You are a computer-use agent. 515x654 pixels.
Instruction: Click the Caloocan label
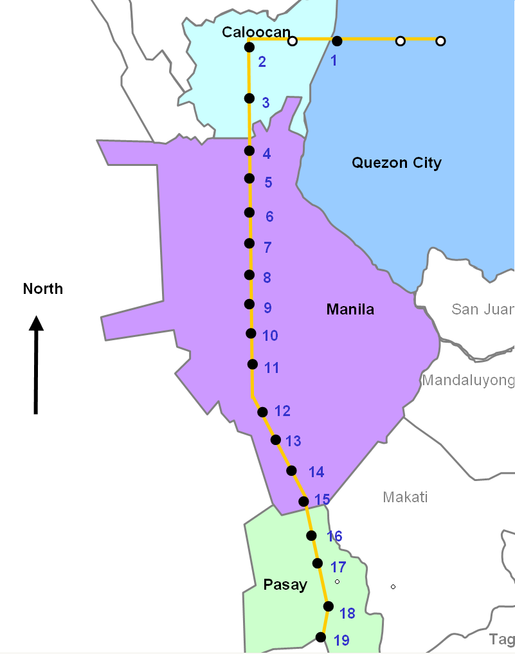point(256,32)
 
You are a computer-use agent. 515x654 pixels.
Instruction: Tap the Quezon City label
point(396,163)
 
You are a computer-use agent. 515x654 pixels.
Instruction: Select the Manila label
point(350,309)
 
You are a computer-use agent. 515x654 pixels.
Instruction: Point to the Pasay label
point(285,585)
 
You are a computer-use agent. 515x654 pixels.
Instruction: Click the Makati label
point(405,497)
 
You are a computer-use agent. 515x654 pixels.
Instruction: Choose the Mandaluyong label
point(468,380)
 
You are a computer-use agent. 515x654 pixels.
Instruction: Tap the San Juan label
point(482,309)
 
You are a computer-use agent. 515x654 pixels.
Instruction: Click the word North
point(43,289)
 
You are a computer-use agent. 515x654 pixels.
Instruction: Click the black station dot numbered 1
point(336,41)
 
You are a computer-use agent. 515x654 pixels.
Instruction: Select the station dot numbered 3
point(249,98)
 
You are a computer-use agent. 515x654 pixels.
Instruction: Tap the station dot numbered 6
point(249,213)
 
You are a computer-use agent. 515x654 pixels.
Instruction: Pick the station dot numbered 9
point(249,304)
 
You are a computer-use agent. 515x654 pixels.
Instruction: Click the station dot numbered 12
point(262,412)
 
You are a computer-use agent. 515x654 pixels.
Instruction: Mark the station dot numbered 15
point(304,501)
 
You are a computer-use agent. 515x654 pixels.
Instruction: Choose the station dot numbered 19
point(320,637)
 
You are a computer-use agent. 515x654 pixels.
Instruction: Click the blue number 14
point(316,472)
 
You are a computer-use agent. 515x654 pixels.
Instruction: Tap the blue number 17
point(338,567)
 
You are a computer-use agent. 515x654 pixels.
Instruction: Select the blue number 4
point(267,153)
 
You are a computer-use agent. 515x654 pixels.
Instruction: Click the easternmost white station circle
point(440,41)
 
